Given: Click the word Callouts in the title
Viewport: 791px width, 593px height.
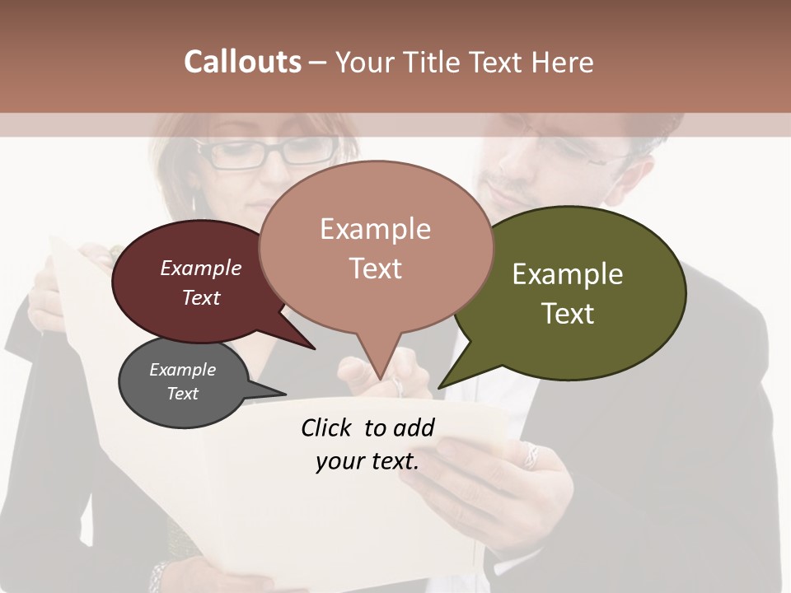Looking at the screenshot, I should [242, 63].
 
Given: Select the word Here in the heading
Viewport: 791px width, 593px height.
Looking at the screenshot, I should [564, 63].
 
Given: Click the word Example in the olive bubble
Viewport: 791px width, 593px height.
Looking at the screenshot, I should [568, 274].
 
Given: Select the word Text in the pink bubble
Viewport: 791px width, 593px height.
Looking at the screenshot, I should [376, 268].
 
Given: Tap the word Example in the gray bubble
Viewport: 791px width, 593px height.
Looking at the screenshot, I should [183, 370].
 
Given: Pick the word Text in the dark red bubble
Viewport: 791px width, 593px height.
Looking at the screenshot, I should [201, 297].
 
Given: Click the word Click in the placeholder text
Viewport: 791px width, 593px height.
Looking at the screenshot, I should [325, 427].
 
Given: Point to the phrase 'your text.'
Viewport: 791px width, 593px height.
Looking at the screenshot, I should [367, 461].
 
